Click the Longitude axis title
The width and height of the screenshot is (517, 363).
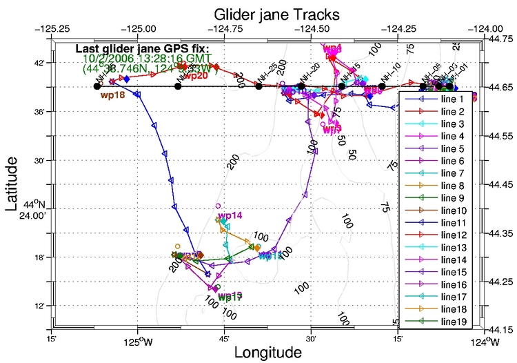(268, 352)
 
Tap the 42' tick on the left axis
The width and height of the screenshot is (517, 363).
(35, 63)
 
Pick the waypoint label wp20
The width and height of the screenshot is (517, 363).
(196, 76)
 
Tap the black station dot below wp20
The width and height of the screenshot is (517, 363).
(178, 86)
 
